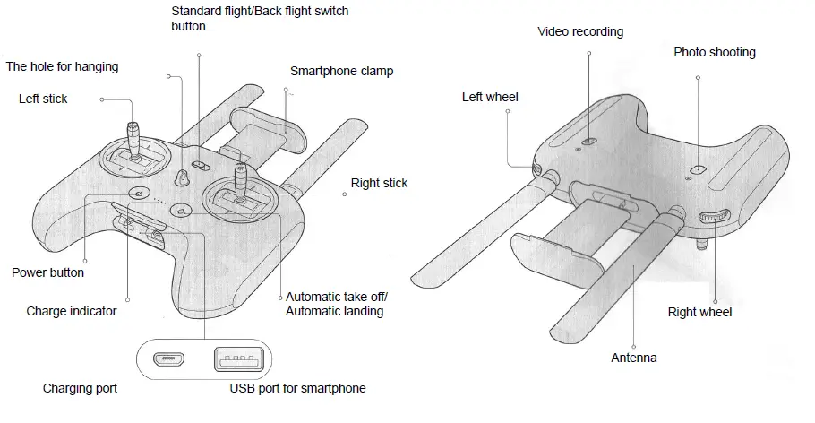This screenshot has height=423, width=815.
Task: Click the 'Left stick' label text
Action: pyautogui.click(x=43, y=99)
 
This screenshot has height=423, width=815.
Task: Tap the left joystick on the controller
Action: pyautogui.click(x=134, y=143)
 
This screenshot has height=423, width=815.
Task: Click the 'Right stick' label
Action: pyautogui.click(x=379, y=184)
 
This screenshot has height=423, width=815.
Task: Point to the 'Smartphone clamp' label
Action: pyautogui.click(x=341, y=71)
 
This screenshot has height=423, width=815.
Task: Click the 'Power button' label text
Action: pyautogui.click(x=48, y=272)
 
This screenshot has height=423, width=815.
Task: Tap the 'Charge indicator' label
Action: pyautogui.click(x=72, y=312)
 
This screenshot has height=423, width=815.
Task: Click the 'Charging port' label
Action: pyautogui.click(x=80, y=389)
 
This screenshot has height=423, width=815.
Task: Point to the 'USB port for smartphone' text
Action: pyautogui.click(x=297, y=388)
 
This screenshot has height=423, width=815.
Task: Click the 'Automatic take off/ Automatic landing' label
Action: pyautogui.click(x=336, y=304)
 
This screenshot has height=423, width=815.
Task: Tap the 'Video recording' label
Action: pyautogui.click(x=579, y=31)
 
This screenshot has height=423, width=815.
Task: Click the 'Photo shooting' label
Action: pyautogui.click(x=714, y=52)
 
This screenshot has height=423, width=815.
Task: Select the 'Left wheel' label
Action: pyautogui.click(x=490, y=97)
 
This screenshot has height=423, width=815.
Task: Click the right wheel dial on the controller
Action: pyautogui.click(x=714, y=216)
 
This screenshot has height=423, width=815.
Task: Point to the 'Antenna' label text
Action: pyautogui.click(x=633, y=358)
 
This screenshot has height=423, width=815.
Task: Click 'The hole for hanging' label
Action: pyautogui.click(x=62, y=66)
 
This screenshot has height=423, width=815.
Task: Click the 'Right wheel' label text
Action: pyautogui.click(x=699, y=312)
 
